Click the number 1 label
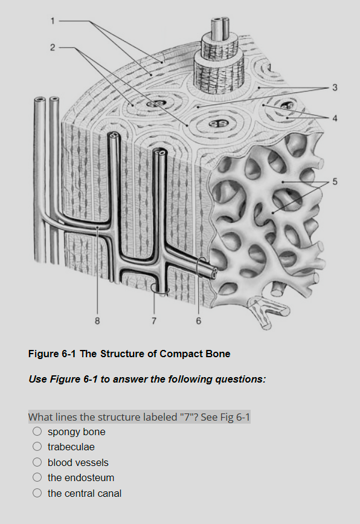(53, 21)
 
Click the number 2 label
(53, 47)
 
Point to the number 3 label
(335, 88)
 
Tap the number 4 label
(335, 117)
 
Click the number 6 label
(198, 320)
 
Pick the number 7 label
(154, 320)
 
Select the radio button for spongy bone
(37, 432)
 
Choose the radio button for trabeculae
(37, 447)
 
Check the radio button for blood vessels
(37, 462)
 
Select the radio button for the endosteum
(37, 478)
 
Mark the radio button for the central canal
(37, 493)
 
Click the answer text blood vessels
(78, 462)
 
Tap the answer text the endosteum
(81, 478)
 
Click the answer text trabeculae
(71, 447)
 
